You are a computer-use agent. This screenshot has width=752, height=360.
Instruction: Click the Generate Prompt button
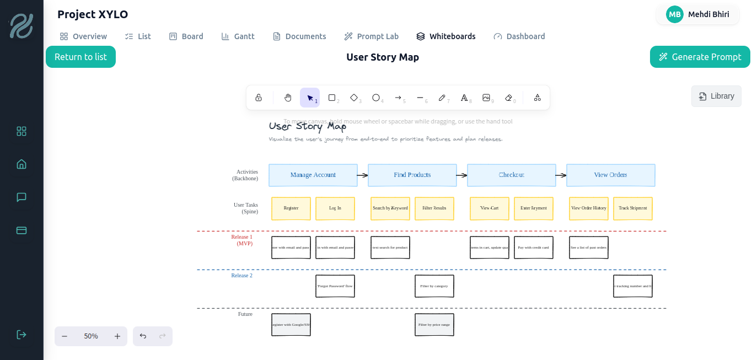[x=700, y=57]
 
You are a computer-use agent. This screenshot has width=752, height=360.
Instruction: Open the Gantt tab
[x=238, y=36]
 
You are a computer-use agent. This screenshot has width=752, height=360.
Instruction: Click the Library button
[x=716, y=96]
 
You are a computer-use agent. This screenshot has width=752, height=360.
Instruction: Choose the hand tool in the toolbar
[x=288, y=98]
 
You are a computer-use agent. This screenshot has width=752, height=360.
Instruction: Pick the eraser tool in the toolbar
[x=508, y=98]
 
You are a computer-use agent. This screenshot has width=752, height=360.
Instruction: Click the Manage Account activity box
[x=313, y=175]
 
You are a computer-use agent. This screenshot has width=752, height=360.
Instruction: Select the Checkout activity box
[x=511, y=175]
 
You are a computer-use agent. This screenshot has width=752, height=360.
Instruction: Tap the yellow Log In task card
[x=335, y=208]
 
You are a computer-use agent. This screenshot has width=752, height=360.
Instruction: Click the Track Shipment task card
[x=632, y=208]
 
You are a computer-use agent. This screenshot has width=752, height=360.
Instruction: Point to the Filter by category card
[x=434, y=286]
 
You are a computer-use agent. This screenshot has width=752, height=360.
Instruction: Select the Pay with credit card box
[x=533, y=248]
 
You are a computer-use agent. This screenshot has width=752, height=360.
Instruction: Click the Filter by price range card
[x=434, y=325]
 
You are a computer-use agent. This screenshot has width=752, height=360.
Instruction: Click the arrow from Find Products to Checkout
[x=461, y=175]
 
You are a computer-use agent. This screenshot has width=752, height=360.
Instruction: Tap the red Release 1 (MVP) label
[x=242, y=240]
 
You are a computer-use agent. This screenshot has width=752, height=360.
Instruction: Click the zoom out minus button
[x=65, y=336]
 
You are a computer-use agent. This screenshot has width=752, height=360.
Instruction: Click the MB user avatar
[x=674, y=14]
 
